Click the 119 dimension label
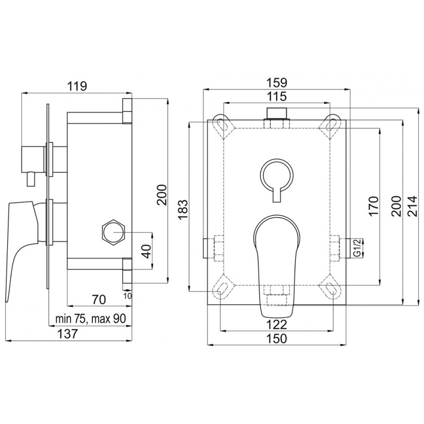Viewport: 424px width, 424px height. pos(77,86)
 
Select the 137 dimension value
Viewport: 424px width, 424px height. pos(68,333)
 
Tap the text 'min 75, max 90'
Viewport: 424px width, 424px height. pos(90,319)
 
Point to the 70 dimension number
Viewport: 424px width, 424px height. pos(99,299)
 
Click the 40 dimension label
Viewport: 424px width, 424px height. pos(146,251)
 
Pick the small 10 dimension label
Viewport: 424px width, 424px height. pos(128,296)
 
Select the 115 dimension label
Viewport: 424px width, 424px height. pos(277,96)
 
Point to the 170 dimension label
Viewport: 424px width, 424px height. pos(374,206)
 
